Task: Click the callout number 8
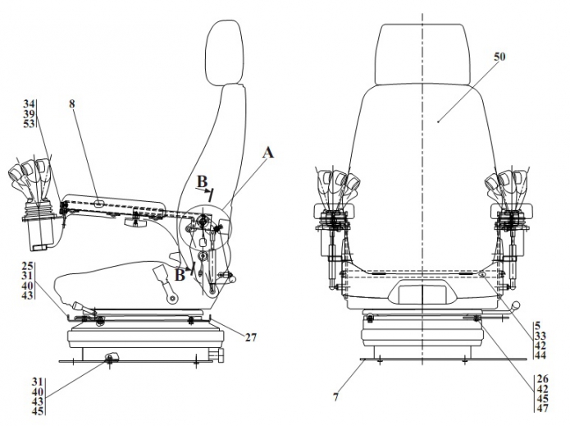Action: pos(72,105)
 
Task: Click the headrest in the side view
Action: pos(226,50)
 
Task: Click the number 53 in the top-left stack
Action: pos(29,124)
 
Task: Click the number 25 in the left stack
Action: pos(27,266)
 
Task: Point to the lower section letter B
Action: pos(180,275)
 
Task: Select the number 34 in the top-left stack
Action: pos(29,104)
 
